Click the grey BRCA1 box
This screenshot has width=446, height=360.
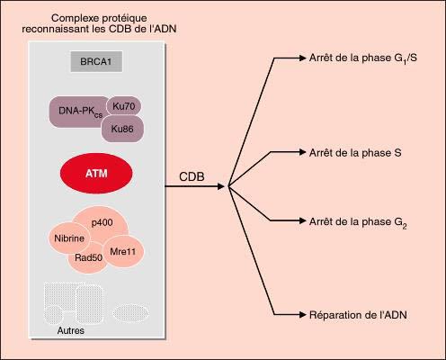point(96,61)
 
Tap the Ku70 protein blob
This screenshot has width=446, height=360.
point(123,106)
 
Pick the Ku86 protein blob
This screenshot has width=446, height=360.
point(122,129)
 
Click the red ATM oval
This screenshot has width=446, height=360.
point(96,174)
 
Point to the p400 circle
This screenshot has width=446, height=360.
point(102,222)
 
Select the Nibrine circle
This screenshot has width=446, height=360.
point(69,238)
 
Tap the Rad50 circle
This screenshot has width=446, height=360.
point(87,258)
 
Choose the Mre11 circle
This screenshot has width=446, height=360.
point(123,251)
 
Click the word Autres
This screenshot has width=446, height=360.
point(71,330)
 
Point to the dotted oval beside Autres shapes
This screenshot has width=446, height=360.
point(130,312)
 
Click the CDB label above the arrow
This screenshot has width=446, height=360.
point(192,176)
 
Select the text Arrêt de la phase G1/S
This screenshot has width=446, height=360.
point(363,58)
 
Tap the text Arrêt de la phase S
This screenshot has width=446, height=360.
point(355,153)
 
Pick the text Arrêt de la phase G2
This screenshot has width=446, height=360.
point(358,222)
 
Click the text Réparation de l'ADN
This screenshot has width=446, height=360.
point(358,315)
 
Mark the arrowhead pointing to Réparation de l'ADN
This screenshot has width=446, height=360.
point(302,315)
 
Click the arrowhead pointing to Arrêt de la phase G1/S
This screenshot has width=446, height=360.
point(302,58)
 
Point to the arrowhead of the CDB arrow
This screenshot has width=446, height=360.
point(221,186)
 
